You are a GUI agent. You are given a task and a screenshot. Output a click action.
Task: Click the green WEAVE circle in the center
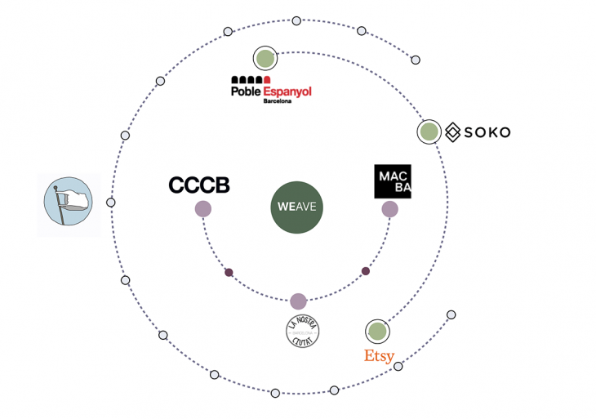pyautogui.click(x=297, y=207)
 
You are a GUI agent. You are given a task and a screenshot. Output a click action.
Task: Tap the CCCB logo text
pyautogui.click(x=199, y=185)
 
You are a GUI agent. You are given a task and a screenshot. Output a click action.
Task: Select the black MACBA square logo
pyautogui.click(x=393, y=181)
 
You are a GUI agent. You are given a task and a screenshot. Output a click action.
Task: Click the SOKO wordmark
pyautogui.click(x=487, y=131)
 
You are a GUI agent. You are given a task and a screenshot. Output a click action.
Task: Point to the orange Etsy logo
pyautogui.click(x=379, y=356)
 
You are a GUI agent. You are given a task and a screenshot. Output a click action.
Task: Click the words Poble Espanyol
pyautogui.click(x=272, y=91)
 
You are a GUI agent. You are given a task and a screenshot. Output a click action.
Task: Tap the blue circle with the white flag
pyautogui.click(x=69, y=203)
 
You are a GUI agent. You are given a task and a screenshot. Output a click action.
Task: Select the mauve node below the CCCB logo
pyautogui.click(x=203, y=209)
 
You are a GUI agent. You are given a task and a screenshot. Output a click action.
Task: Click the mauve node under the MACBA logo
pyautogui.click(x=390, y=209)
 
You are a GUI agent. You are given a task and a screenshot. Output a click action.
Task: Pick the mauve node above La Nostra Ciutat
pyautogui.click(x=298, y=301)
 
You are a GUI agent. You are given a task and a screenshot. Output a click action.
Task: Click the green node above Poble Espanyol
pyautogui.click(x=265, y=58)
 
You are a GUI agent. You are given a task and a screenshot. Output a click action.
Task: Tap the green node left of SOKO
pyautogui.click(x=429, y=131)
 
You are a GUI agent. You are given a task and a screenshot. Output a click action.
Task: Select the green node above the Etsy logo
pyautogui.click(x=377, y=331)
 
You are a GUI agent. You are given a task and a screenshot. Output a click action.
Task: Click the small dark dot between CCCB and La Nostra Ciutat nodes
pyautogui.click(x=229, y=272)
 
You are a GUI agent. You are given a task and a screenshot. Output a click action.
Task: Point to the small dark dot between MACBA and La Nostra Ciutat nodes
pyautogui.click(x=366, y=271)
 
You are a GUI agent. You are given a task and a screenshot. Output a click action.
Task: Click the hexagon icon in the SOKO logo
pyautogui.click(x=453, y=131)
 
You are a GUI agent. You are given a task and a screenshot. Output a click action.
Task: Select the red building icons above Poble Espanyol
pyautogui.click(x=251, y=79)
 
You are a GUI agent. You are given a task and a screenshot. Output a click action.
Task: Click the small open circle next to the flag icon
pyautogui.click(x=111, y=203)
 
